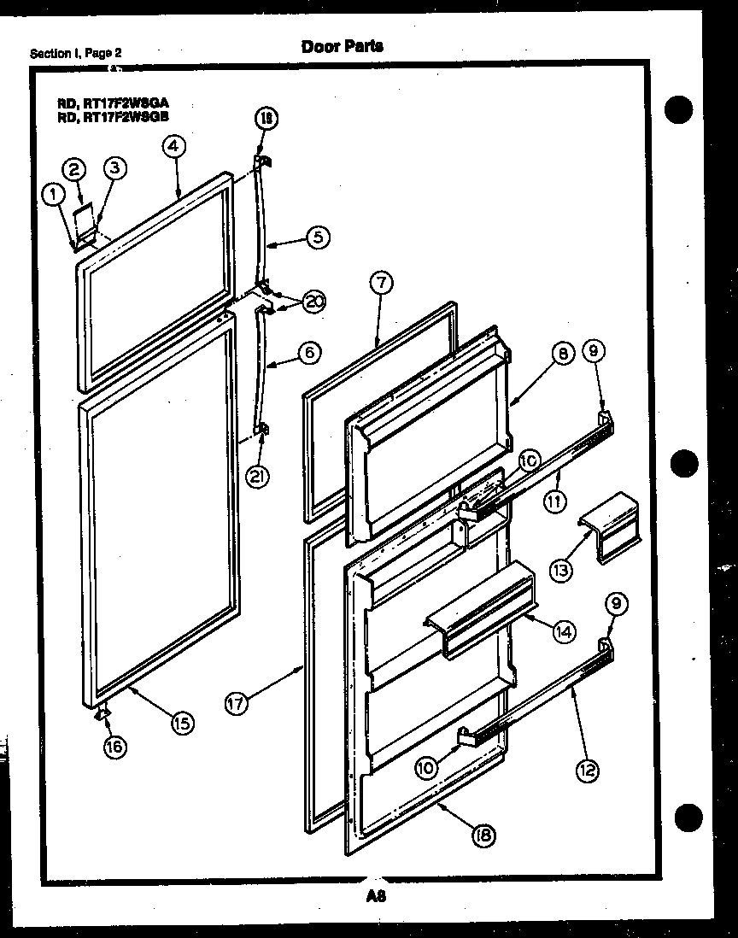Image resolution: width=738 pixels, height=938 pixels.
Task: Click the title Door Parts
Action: tap(342, 46)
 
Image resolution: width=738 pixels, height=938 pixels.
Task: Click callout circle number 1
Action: tap(54, 195)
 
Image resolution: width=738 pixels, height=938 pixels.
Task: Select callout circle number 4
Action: tap(173, 146)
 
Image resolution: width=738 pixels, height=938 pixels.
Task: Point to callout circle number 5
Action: tap(317, 237)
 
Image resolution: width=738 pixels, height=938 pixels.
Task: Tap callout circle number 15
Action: tap(181, 723)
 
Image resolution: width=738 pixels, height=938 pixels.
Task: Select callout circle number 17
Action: tap(237, 704)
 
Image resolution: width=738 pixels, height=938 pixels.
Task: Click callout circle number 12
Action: tap(586, 770)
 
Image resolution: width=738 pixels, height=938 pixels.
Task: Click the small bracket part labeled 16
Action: tap(102, 714)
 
